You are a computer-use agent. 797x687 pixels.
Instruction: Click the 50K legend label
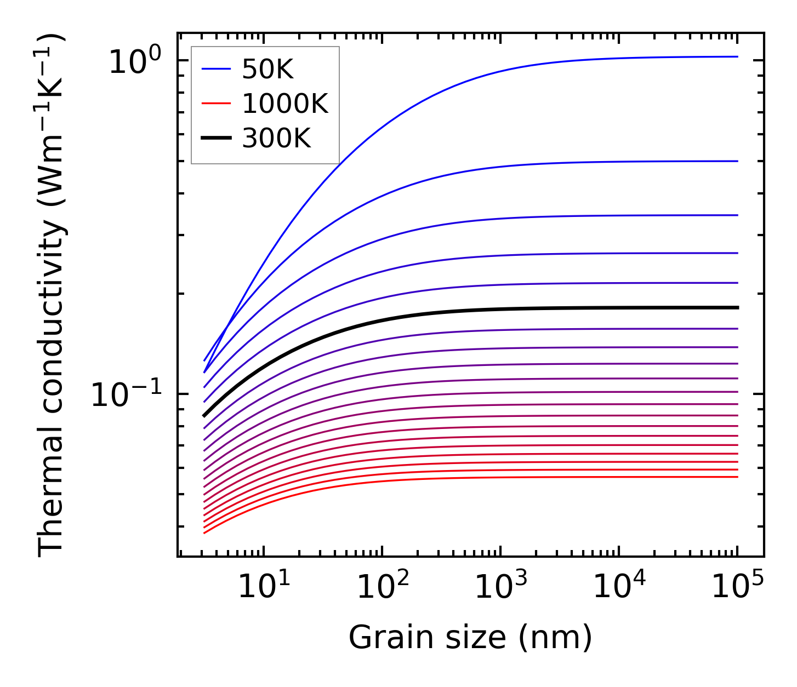point(268,70)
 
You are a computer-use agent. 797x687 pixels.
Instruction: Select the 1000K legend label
point(285,104)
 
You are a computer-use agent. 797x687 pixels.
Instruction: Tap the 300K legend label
point(276,139)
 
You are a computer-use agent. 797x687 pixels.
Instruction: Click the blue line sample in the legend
point(216,70)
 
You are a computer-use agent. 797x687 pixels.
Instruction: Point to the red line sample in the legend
point(216,104)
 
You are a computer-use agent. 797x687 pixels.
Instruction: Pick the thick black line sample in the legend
point(216,139)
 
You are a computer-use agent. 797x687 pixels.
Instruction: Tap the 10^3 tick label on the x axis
point(500,588)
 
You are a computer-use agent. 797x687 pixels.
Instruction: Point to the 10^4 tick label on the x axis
point(619,588)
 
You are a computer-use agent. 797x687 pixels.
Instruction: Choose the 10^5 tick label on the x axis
point(737,588)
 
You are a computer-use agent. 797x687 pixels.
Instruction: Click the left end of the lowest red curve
point(204,533)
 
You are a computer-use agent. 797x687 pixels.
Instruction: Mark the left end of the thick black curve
point(204,416)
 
